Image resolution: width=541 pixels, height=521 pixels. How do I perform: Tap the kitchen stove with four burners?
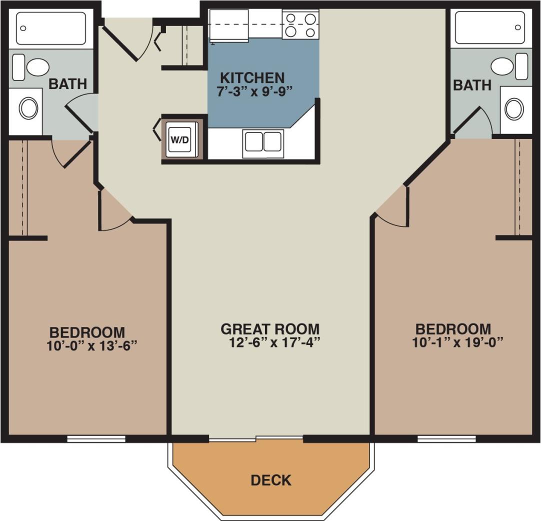300,25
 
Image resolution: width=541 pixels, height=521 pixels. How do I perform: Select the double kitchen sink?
263,141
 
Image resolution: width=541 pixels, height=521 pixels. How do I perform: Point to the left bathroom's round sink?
28,108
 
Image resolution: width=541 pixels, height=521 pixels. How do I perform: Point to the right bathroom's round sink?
514,108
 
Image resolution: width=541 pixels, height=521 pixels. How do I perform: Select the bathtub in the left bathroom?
51,28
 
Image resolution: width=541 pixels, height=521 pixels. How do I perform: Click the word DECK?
271,480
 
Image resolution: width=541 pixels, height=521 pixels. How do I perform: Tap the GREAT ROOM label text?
270,329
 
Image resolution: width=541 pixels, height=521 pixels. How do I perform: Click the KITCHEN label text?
252,78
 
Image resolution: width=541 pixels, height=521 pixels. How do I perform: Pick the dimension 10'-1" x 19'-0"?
457,342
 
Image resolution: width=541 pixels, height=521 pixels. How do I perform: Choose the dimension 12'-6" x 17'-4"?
273,342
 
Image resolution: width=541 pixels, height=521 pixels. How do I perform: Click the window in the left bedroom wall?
96,439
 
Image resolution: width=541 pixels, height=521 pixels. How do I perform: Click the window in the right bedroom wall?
446,439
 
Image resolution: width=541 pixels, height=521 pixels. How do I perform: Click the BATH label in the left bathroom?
67,84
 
